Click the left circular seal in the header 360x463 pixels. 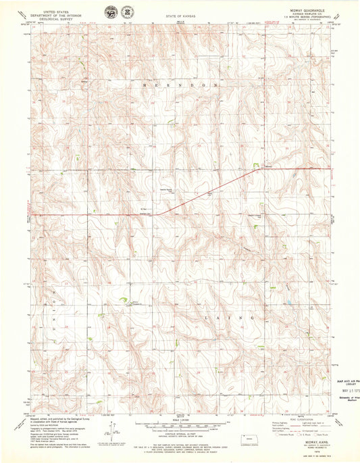109,12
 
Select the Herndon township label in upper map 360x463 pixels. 180,86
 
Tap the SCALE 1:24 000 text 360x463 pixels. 180,423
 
